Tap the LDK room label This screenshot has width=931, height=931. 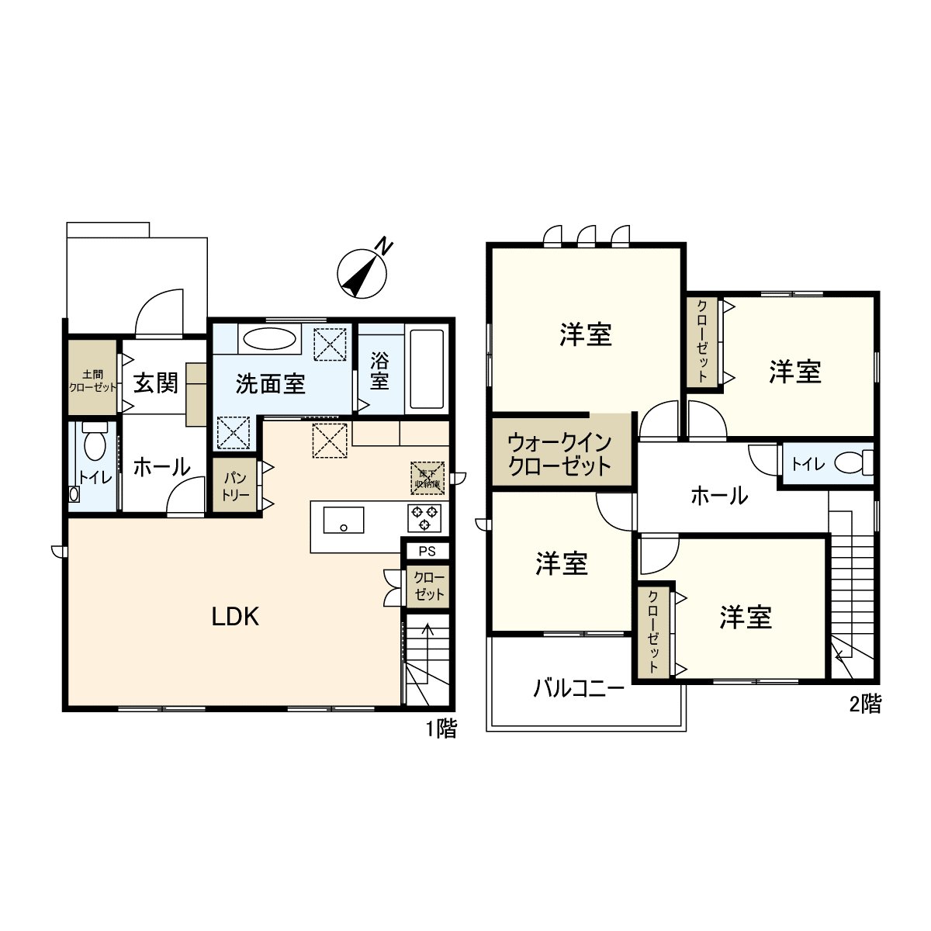tap(235, 617)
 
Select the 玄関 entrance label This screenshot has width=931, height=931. tap(155, 382)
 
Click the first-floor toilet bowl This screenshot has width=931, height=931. tap(95, 445)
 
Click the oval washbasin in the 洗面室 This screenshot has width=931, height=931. tap(269, 340)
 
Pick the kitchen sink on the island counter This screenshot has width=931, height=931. tap(343, 519)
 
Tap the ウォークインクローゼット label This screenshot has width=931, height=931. tap(560, 455)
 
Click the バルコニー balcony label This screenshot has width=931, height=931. tap(579, 688)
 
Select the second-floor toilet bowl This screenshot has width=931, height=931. tap(850, 464)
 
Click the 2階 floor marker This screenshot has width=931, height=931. tap(866, 704)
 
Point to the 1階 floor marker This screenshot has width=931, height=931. tap(441, 729)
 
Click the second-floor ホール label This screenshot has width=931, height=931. tap(719, 495)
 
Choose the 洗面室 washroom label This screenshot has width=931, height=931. tap(271, 383)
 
